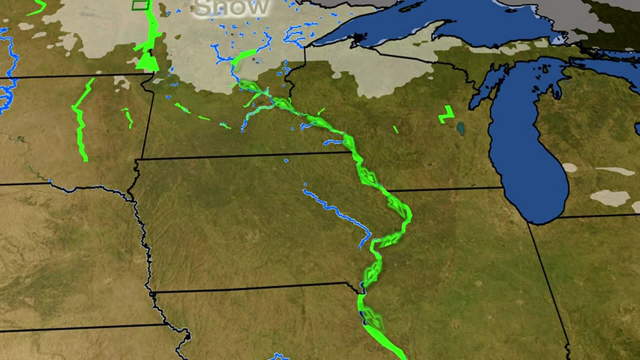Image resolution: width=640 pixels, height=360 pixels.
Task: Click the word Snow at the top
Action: tap(231, 7)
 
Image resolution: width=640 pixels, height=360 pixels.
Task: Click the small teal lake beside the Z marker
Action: tap(461, 128)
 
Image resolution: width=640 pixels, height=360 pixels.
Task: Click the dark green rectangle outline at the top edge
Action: tap(140, 5)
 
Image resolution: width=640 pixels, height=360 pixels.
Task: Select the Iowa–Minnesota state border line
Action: tap(247, 156)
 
